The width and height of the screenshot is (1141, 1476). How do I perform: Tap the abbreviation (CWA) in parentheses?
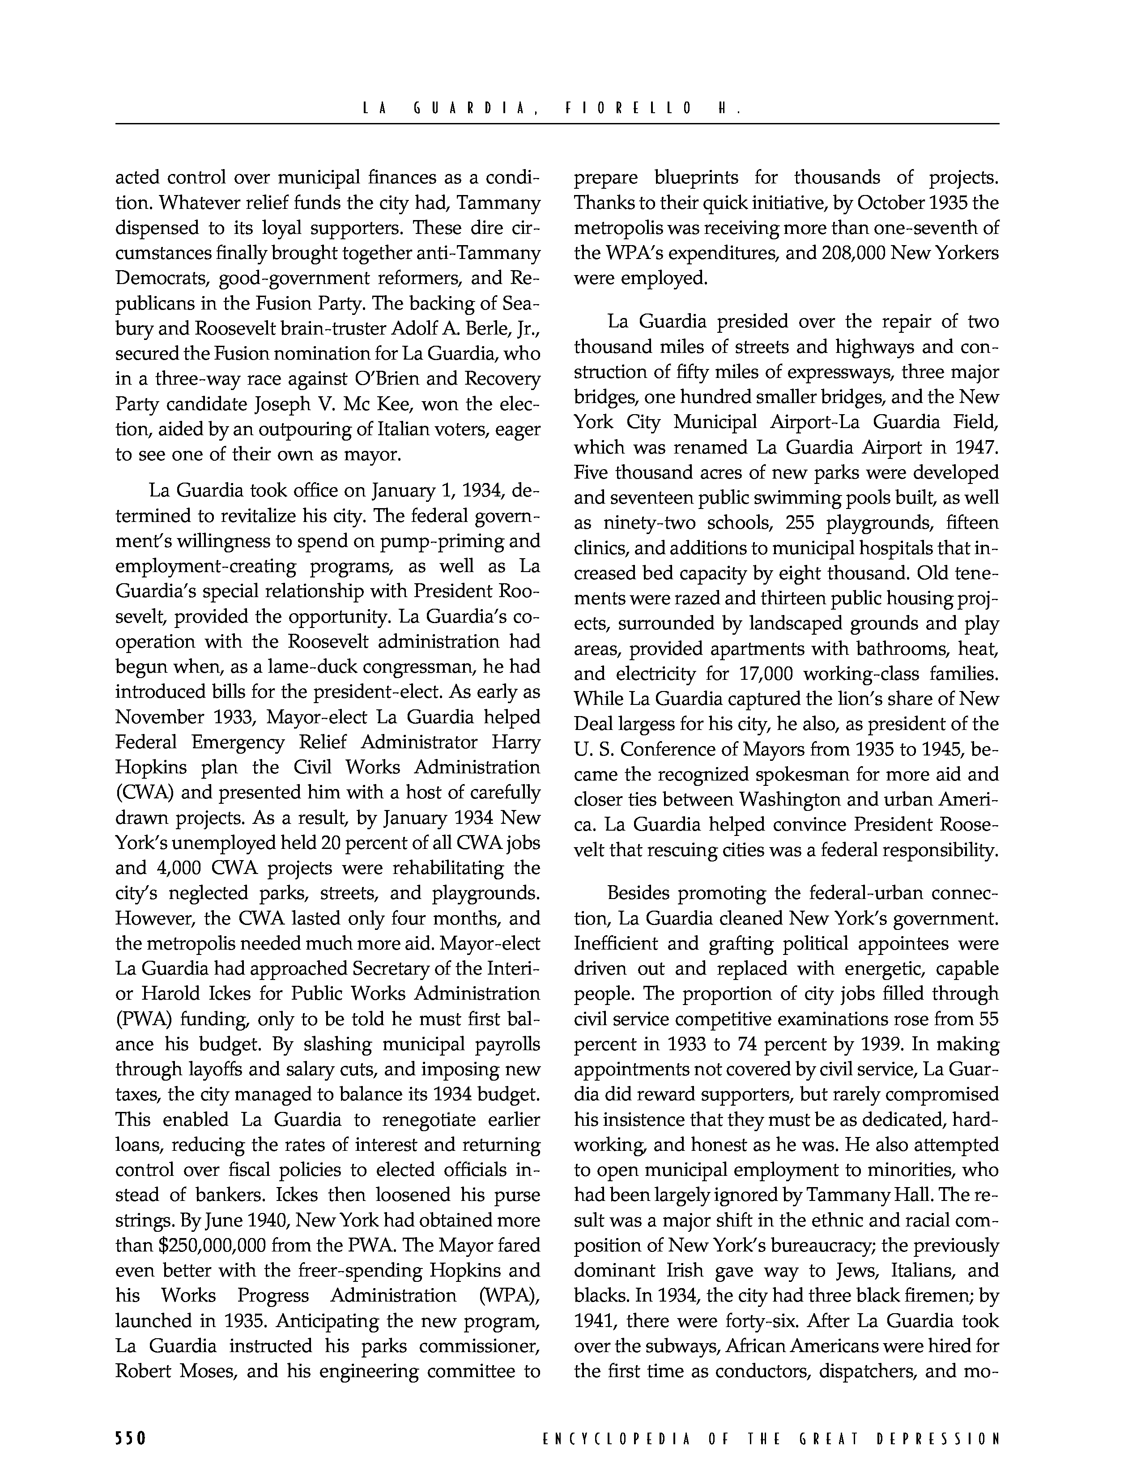[143, 793]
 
